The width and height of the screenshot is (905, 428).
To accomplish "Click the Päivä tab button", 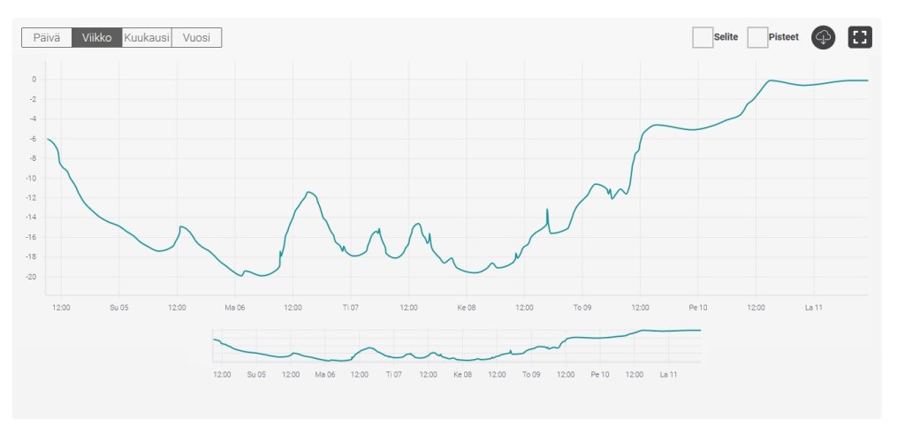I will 47,37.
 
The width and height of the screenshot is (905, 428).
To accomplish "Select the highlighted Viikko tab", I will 96,37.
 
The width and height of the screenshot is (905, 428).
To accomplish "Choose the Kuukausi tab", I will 147,37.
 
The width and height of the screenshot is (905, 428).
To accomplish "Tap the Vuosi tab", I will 196,37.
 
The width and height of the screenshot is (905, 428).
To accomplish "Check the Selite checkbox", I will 703,37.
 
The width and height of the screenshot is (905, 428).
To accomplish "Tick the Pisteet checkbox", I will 757,37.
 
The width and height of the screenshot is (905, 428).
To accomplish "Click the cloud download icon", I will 823,37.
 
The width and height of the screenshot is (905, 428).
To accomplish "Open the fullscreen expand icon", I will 860,37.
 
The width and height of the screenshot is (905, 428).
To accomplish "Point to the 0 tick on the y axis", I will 34,80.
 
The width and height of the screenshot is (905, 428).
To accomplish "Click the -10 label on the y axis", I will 32,179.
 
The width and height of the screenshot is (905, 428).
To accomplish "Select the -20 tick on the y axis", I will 32,277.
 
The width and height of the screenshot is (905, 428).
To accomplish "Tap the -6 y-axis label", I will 34,139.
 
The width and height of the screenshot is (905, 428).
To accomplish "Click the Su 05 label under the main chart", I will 119,308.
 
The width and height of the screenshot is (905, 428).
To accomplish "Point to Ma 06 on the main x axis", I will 235,308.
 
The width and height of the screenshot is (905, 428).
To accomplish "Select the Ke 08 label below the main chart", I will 466,308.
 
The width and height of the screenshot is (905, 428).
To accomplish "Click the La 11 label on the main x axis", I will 814,308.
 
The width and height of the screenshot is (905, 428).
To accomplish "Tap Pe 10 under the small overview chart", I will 600,374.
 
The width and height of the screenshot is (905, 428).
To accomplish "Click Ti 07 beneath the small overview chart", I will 394,374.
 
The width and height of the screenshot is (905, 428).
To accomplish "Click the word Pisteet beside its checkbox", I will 785,37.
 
